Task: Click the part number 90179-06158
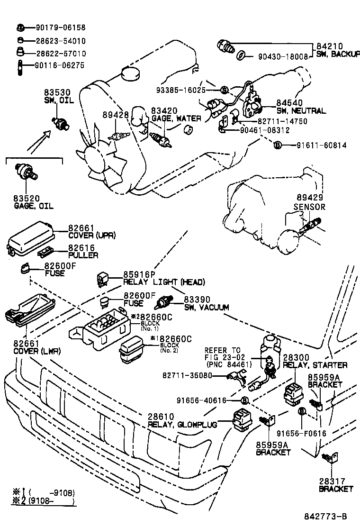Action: click(x=60, y=28)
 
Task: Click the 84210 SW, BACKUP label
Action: click(x=337, y=50)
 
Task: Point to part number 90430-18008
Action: click(x=283, y=56)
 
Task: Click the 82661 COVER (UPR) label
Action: click(x=91, y=231)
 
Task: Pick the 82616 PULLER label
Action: click(x=82, y=251)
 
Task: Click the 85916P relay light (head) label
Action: click(x=163, y=278)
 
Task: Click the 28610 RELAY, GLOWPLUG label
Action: click(x=182, y=420)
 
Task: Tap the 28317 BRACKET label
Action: click(x=335, y=484)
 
